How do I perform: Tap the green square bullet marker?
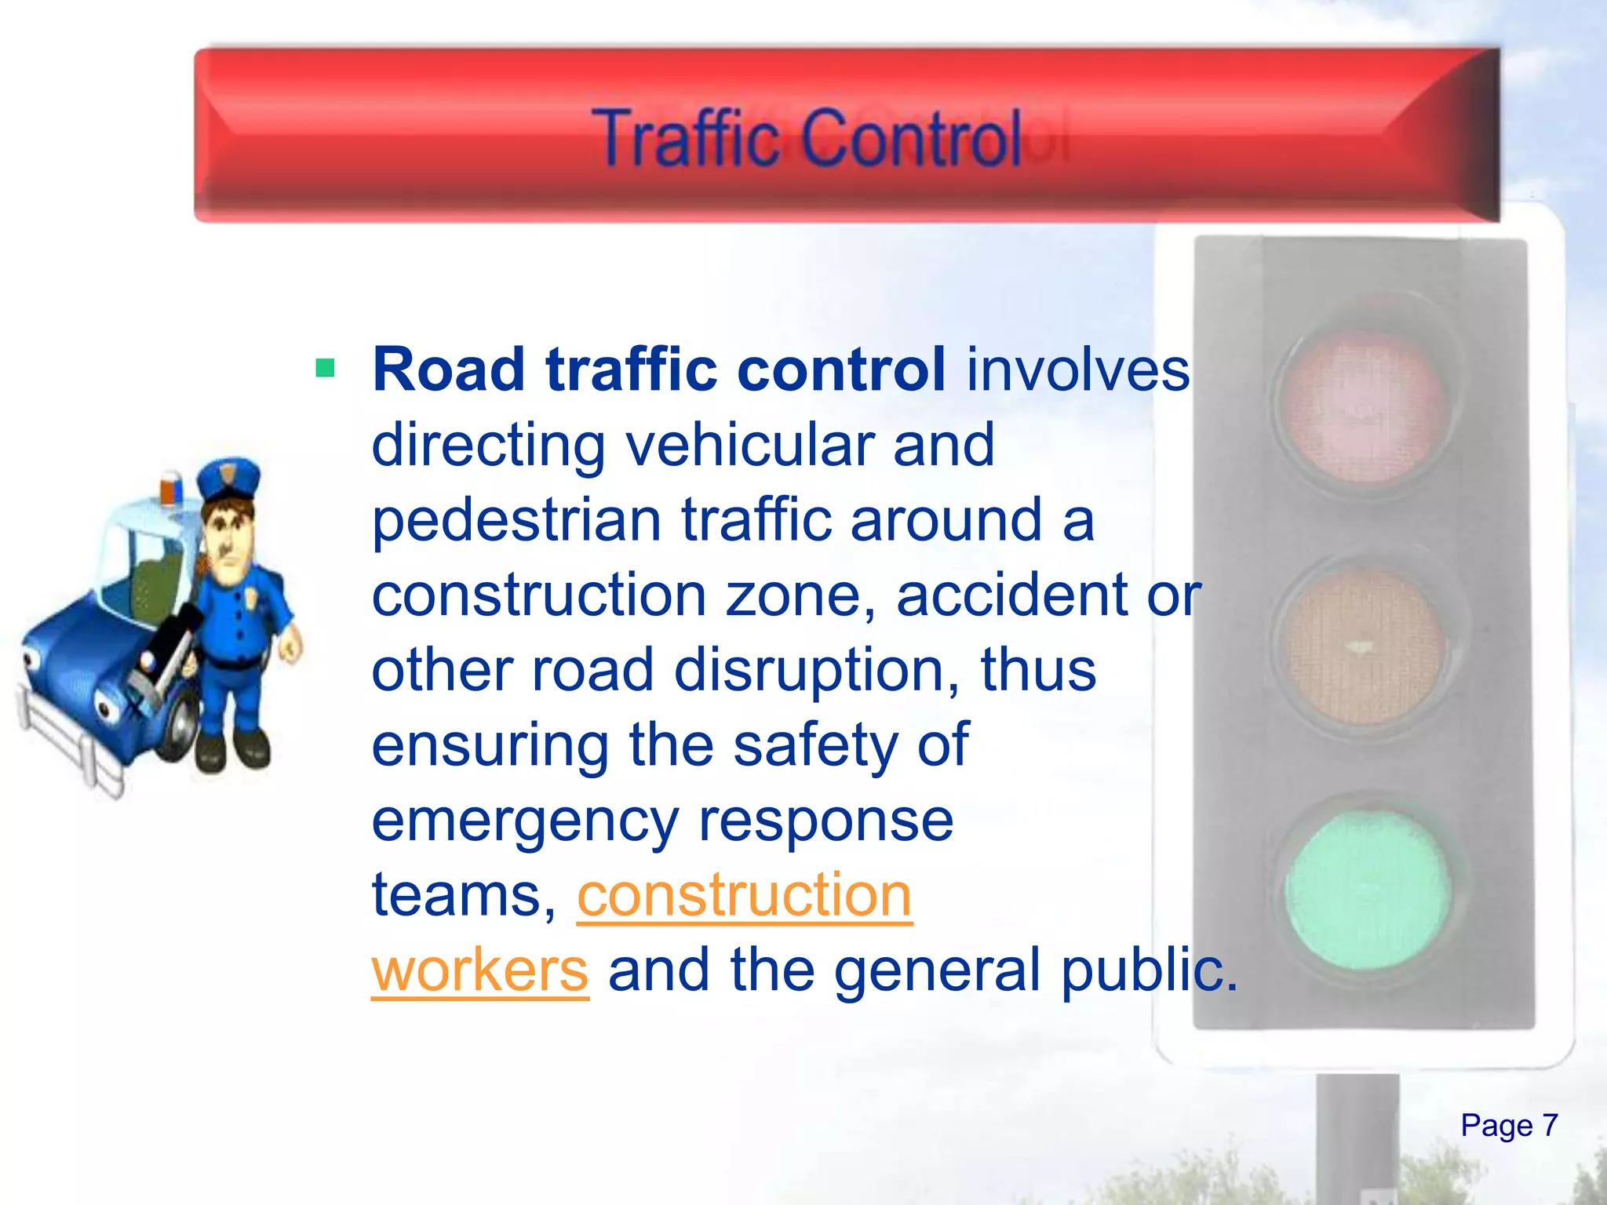point(325,368)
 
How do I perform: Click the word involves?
point(1078,370)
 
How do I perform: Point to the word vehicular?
point(749,445)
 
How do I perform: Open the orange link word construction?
point(745,895)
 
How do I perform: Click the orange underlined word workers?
point(479,970)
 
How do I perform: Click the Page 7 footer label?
point(1508,1125)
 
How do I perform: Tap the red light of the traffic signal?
point(1365,404)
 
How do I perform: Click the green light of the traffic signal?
point(1367,890)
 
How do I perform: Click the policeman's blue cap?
point(228,479)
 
